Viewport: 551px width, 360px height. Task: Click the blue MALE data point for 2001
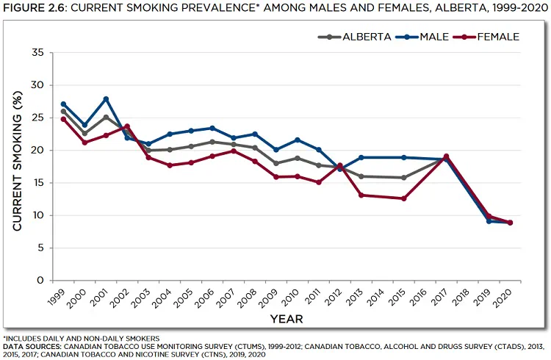coord(106,99)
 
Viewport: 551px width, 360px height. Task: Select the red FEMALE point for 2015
coord(404,198)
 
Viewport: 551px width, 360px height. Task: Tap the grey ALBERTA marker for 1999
coord(63,112)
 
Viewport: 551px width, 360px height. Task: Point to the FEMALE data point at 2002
coord(127,126)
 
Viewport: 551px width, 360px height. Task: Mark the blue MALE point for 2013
coord(361,157)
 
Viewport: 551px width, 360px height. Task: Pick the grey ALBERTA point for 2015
coord(404,178)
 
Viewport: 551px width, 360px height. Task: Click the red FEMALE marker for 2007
coord(234,151)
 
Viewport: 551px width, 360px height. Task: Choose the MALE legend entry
coord(422,37)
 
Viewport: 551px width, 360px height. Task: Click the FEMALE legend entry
coord(486,37)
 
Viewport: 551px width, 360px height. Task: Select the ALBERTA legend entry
coord(355,37)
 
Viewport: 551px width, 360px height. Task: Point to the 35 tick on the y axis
coord(37,53)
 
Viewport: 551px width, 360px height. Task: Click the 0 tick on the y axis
coord(40,280)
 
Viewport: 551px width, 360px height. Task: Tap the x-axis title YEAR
coord(287,319)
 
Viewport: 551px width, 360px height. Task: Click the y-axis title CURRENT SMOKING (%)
coord(18,161)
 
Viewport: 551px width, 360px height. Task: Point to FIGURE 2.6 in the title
coord(35,8)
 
